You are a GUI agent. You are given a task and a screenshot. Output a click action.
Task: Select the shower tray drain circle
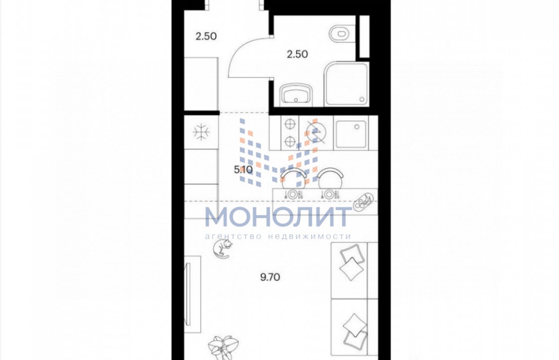click(361, 99)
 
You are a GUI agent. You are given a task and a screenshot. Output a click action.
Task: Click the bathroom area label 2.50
click(297, 54)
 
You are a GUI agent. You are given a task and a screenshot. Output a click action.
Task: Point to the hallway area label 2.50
click(206, 36)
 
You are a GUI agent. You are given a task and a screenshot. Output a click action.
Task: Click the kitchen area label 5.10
click(243, 170)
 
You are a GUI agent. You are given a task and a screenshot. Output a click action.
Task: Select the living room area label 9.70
click(270, 277)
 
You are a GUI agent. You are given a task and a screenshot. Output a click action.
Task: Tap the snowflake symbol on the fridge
click(201, 132)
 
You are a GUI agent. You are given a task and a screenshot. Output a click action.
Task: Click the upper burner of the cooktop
click(290, 124)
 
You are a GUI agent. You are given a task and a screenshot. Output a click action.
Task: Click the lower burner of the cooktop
click(290, 142)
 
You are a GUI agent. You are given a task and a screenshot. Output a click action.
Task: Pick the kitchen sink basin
click(351, 134)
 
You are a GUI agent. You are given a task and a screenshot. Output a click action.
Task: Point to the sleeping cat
click(222, 249)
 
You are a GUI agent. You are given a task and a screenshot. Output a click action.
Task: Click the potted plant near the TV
click(223, 348)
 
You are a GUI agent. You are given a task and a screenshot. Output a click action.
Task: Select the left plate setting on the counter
click(293, 194)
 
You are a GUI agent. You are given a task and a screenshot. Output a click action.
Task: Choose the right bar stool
click(330, 178)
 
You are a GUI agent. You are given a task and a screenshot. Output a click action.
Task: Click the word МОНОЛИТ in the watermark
click(278, 216)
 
